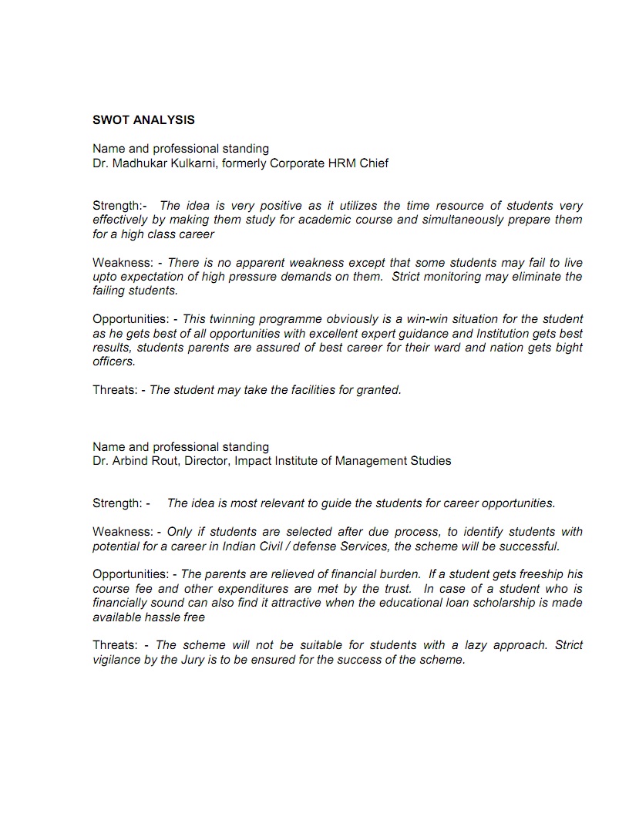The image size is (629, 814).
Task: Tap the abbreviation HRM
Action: coord(342,163)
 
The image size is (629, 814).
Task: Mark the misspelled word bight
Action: coord(567,348)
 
